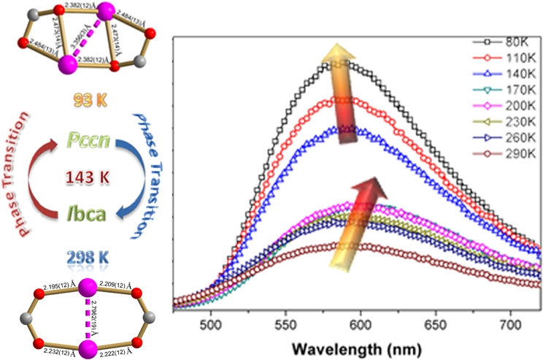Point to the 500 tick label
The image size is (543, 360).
[212, 320]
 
